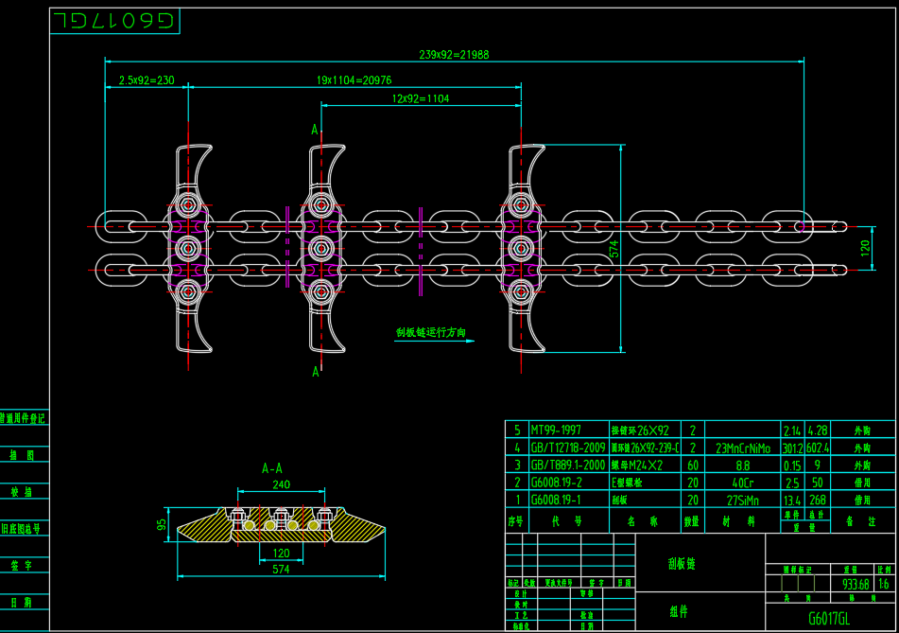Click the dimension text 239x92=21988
454,55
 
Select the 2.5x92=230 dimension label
146,81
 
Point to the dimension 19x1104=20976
354,81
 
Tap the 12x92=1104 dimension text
420,98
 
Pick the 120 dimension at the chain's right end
864,248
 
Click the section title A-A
272,467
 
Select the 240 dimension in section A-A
281,484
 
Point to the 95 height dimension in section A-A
162,523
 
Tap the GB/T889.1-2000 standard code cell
567,465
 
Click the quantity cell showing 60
693,465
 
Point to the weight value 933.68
856,584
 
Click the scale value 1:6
884,584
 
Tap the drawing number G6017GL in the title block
828,619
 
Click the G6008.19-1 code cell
558,501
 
